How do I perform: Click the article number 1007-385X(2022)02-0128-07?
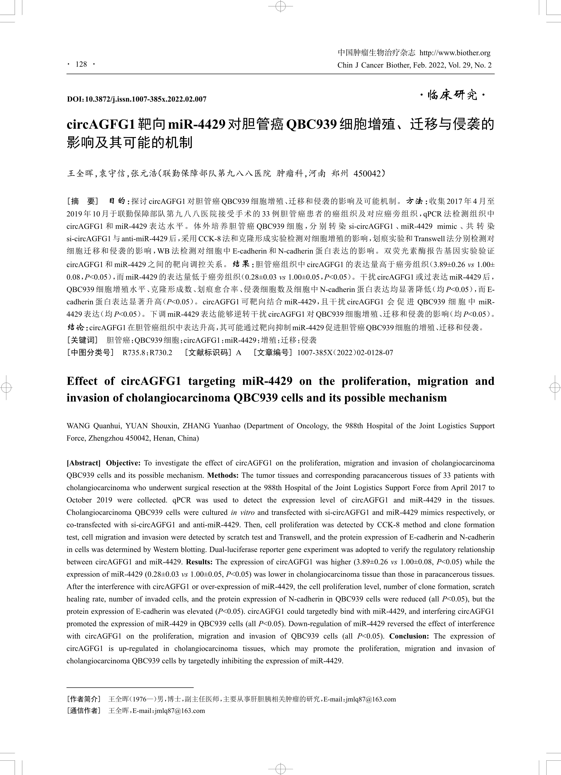(345, 352)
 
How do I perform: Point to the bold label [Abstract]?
(83, 463)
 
